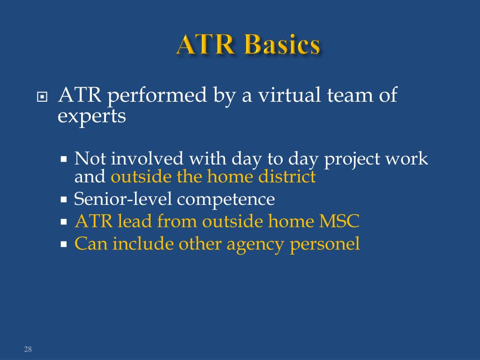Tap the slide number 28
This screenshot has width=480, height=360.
pos(28,349)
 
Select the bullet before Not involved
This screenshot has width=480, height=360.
pos(65,159)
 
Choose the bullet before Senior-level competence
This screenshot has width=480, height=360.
pos(65,200)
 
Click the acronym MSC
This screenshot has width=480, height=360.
pos(339,221)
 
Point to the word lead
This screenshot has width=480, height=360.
pos(134,221)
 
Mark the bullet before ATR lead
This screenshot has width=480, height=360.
pos(65,222)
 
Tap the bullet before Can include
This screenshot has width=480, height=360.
pos(65,244)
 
